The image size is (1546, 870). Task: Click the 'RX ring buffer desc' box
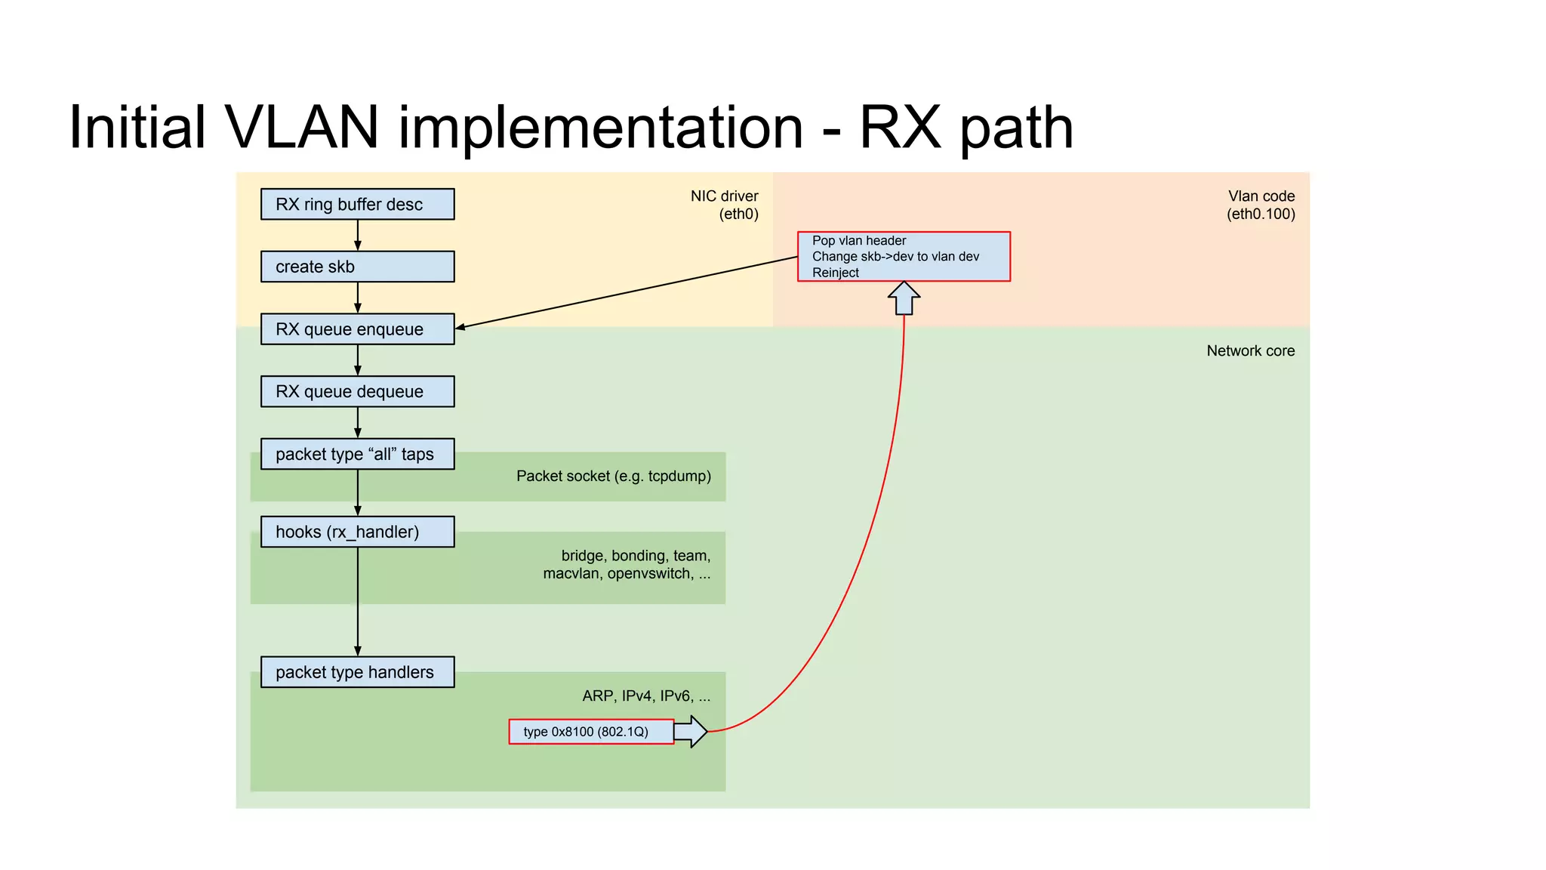[x=357, y=204]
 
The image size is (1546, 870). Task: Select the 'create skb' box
[x=357, y=267]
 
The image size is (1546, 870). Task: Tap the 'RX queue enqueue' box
[x=357, y=329]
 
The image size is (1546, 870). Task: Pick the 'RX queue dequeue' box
[x=357, y=391]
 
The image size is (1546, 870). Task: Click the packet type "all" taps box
[x=357, y=454]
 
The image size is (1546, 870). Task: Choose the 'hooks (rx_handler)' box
[x=357, y=532]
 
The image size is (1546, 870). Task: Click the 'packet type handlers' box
[x=357, y=671]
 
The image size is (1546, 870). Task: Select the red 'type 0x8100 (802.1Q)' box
[x=591, y=732]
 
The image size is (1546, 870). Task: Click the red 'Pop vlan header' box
[x=904, y=257]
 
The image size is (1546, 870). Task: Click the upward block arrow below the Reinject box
[x=904, y=298]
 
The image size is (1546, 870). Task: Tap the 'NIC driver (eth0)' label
[x=724, y=205]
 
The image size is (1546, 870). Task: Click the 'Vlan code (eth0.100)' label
[x=1261, y=205]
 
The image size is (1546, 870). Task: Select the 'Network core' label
[x=1250, y=350]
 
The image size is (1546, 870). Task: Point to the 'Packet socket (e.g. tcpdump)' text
[x=613, y=476]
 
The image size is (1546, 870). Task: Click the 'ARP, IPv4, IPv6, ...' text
[x=646, y=696]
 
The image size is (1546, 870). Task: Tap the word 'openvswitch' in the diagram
[x=650, y=573]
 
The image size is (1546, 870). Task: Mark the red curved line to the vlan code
[x=876, y=529]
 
